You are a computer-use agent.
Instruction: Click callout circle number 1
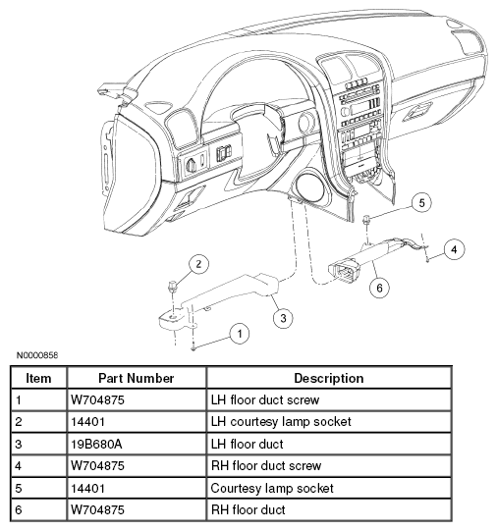click(x=240, y=334)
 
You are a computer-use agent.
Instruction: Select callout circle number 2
click(x=198, y=264)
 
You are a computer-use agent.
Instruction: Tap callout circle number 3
click(x=283, y=318)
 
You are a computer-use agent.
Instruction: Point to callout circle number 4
click(x=454, y=249)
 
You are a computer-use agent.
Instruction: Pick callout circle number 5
click(x=421, y=203)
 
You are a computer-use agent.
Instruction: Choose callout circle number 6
click(x=379, y=288)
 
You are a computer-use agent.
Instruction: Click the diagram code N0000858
click(x=37, y=355)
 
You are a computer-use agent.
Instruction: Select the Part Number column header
click(x=137, y=378)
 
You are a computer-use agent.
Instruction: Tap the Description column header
click(x=329, y=378)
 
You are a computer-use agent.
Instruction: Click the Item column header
click(x=38, y=378)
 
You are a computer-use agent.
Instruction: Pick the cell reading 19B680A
click(x=96, y=444)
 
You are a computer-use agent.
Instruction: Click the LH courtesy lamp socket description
click(x=281, y=422)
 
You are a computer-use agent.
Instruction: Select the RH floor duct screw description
click(x=266, y=465)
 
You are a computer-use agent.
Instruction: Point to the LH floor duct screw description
click(x=265, y=399)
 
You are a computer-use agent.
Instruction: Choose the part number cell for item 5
click(x=87, y=488)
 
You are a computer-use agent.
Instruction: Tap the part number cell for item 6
click(x=97, y=509)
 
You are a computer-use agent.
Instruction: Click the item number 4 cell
click(x=19, y=466)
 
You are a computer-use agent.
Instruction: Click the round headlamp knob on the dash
click(x=192, y=166)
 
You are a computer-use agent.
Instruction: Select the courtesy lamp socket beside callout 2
click(x=172, y=286)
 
